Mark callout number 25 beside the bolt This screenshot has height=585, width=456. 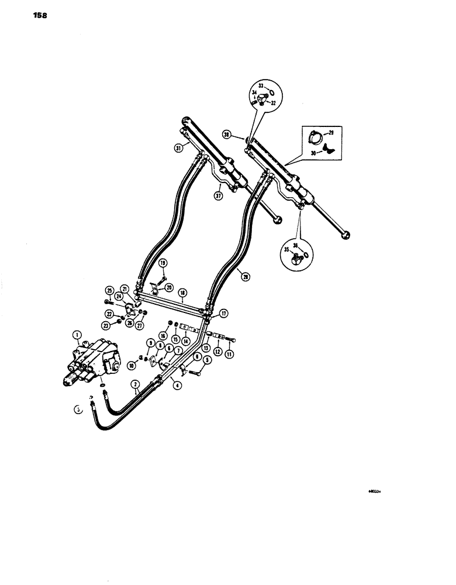(109, 290)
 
